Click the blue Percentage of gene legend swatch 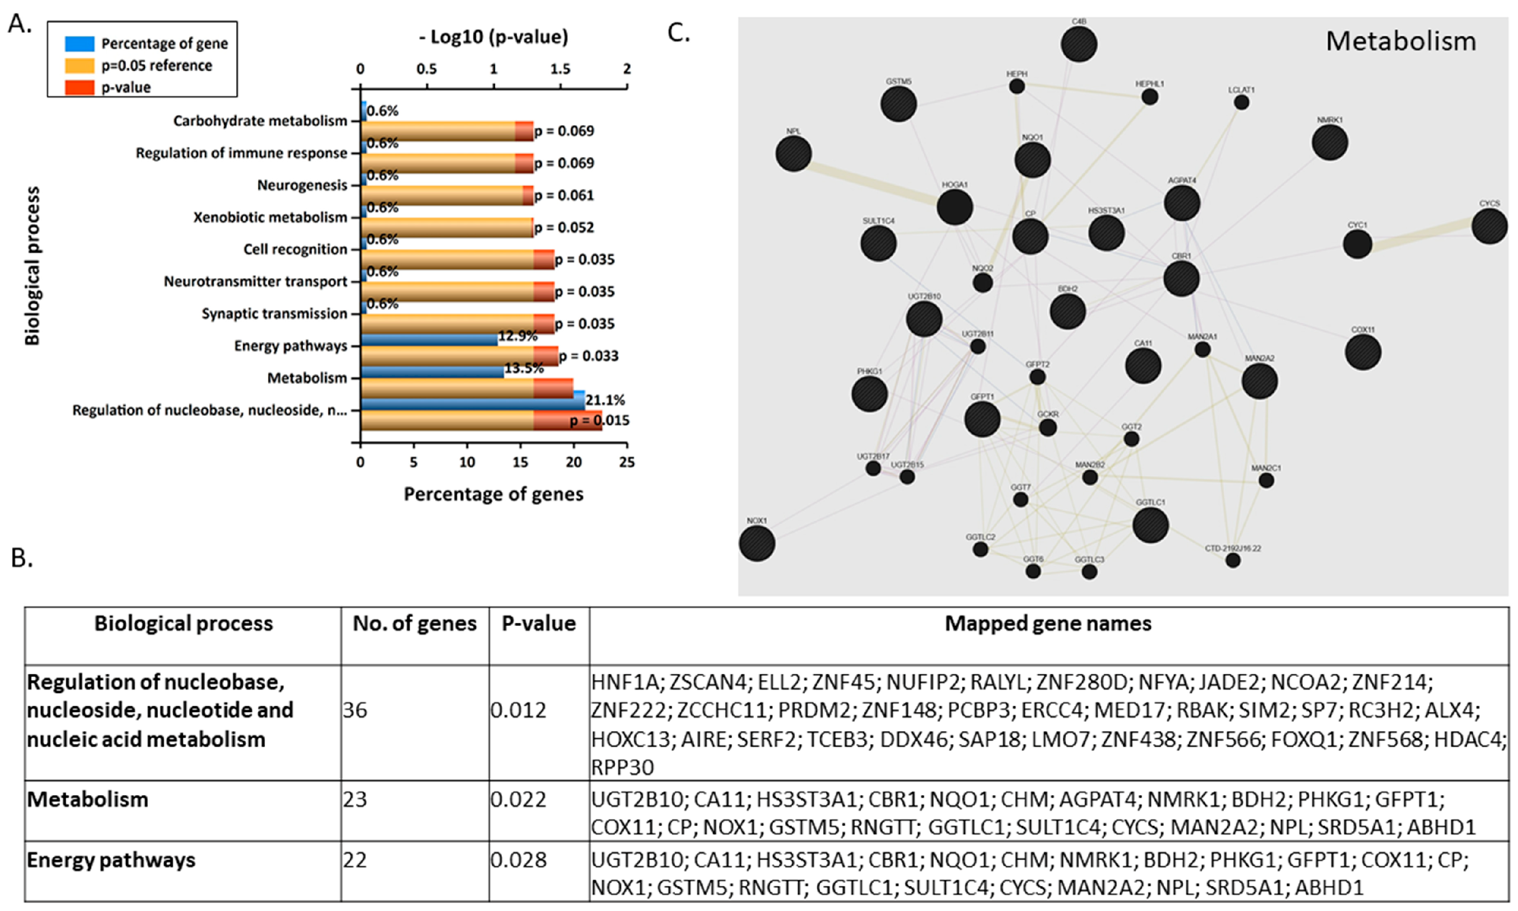tap(79, 44)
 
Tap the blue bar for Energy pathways tap(429, 339)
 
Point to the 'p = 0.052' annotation tap(564, 227)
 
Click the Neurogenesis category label tap(302, 185)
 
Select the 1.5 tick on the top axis tap(560, 69)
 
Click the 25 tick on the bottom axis tap(627, 462)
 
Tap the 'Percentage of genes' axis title tap(493, 494)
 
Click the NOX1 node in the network tap(757, 544)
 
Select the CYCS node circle tap(1489, 226)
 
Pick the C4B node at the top tap(1079, 44)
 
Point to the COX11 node tap(1363, 353)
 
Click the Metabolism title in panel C tap(1401, 41)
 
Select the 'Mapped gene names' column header tap(1048, 624)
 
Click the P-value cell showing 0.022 tap(518, 799)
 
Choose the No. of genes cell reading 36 tap(355, 710)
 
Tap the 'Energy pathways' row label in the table tap(111, 860)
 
